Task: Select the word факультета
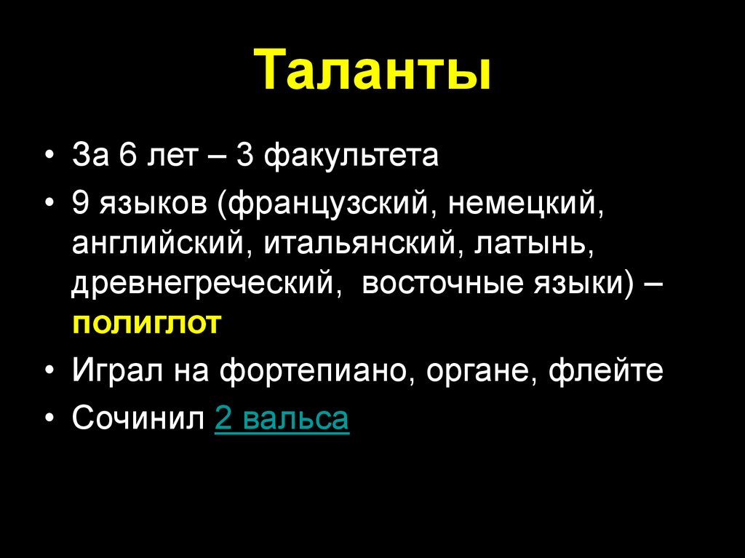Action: pos(351,156)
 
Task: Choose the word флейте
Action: pos(605,371)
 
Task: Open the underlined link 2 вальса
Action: pos(282,419)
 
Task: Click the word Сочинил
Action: pos(138,419)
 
